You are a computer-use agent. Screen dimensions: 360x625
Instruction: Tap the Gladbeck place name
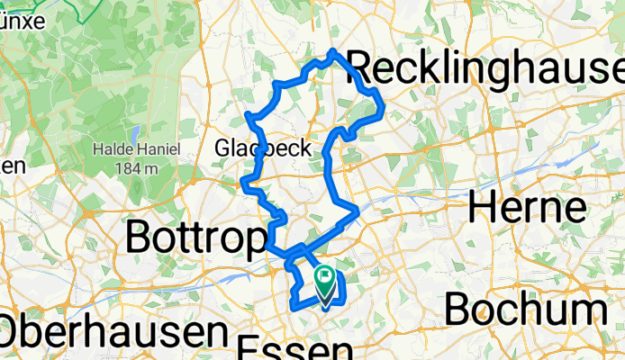click(x=263, y=148)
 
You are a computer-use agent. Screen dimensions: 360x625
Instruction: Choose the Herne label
click(x=527, y=208)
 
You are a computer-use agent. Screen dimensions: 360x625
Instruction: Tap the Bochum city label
click(x=525, y=310)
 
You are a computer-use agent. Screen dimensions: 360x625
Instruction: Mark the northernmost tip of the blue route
click(x=334, y=51)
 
